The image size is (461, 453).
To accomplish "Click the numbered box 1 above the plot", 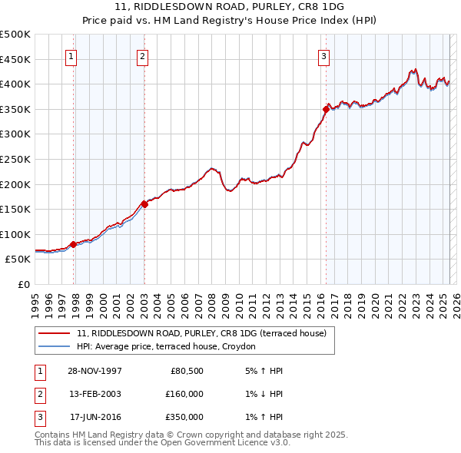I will click(x=71, y=55).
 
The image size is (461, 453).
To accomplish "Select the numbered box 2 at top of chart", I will click(x=143, y=55).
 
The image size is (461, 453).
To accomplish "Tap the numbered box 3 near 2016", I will click(x=323, y=55).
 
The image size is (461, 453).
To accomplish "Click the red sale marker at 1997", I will click(x=74, y=244).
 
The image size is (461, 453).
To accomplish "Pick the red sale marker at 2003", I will click(x=144, y=204).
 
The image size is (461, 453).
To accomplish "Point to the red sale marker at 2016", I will click(x=326, y=109).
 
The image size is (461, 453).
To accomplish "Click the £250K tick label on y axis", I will click(x=15, y=159).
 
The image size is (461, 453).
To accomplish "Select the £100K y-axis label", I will click(x=15, y=234).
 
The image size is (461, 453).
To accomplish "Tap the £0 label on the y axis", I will click(x=23, y=284).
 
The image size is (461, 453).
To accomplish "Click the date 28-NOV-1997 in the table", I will click(x=95, y=371).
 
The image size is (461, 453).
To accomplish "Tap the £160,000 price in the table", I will click(x=184, y=394).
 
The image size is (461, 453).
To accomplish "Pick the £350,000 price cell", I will click(x=184, y=417).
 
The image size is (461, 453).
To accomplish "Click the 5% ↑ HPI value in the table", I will click(x=266, y=371).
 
